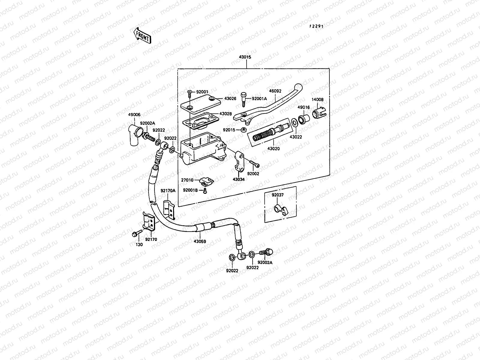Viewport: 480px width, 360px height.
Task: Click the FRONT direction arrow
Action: pyautogui.click(x=141, y=36)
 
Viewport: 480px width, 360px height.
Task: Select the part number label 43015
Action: pyautogui.click(x=245, y=57)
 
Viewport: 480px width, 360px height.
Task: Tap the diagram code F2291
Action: pyautogui.click(x=316, y=26)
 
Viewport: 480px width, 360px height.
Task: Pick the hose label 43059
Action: pyautogui.click(x=199, y=241)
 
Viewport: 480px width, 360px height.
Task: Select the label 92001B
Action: pyautogui.click(x=190, y=190)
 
